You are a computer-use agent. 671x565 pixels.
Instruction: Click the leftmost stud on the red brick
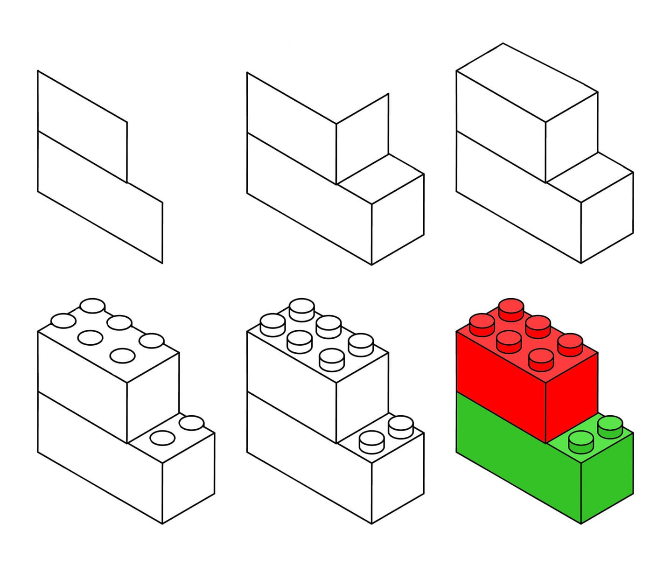[482, 324]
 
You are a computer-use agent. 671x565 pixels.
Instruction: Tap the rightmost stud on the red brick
[570, 344]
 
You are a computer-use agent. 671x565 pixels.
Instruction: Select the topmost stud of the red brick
[511, 309]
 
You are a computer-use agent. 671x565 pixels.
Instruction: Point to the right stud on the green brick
[610, 426]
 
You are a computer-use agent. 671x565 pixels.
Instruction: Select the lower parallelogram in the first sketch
[98, 196]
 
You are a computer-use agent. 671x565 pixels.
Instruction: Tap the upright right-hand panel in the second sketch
[362, 138]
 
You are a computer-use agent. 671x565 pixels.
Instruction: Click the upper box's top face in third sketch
[526, 82]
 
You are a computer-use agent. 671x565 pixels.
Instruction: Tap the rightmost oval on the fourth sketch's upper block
[152, 341]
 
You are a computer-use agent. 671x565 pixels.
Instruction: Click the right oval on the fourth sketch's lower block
[191, 423]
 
